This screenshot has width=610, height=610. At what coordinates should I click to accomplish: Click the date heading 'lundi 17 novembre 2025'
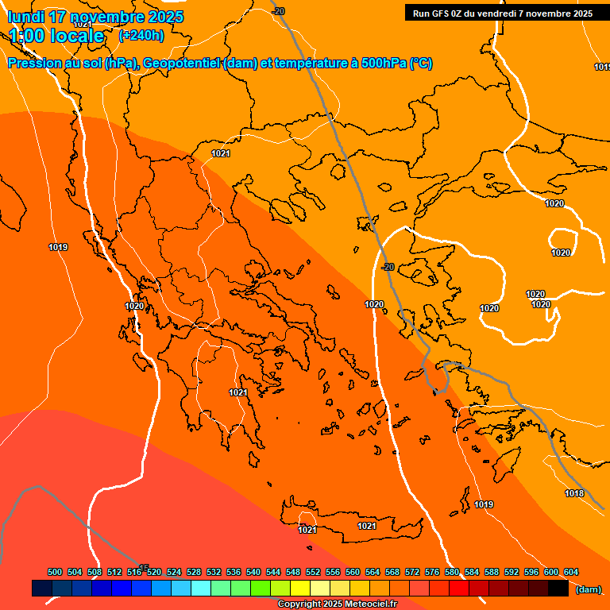coord(95,17)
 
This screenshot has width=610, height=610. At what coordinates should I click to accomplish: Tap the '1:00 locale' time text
coord(57,36)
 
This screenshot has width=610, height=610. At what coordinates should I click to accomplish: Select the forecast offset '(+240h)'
coord(141,36)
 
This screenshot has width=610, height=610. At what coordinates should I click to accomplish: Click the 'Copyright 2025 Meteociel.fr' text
coord(338,604)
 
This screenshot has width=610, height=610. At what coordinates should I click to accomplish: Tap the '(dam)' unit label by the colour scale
coord(588,589)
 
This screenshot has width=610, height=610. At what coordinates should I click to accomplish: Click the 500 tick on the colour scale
coord(55,572)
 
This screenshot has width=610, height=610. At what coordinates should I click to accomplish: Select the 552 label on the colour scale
coord(313,572)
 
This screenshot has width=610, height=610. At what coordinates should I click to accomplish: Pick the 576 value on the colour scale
coord(432,572)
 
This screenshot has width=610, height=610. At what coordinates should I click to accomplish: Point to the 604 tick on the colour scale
coord(571,572)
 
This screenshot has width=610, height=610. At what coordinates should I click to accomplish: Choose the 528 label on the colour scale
coord(194,572)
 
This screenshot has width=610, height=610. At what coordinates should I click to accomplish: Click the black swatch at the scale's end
coord(558,589)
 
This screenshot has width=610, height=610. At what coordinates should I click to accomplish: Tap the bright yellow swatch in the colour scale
coord(299,589)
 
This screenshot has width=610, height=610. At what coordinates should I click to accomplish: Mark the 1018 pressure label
coord(574,494)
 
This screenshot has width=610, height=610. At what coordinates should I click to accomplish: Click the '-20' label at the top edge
coord(277,11)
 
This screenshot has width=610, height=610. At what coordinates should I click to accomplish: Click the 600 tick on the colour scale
coord(551,572)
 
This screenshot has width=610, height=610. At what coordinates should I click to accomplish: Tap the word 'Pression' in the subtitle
coord(31,64)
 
